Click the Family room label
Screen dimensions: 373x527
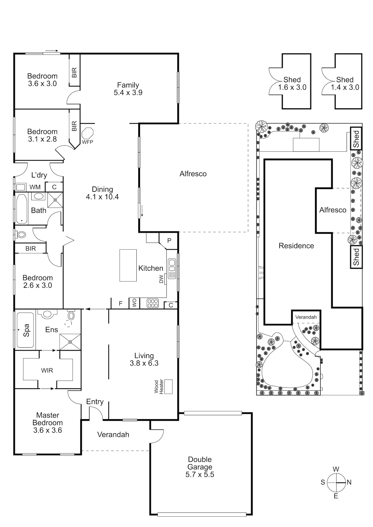(128, 85)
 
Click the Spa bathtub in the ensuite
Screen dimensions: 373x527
(25, 330)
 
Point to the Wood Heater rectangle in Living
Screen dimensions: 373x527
(168, 387)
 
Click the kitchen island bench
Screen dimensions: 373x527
(128, 265)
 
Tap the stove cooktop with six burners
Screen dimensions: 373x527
(153, 303)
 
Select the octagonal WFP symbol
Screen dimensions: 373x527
(88, 133)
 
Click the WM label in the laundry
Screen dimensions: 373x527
(35, 187)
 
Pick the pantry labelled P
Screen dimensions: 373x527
(169, 241)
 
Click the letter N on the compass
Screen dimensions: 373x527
(349, 482)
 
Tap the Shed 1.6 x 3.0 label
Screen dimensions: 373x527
(292, 84)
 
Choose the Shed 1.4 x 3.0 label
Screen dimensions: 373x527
(345, 84)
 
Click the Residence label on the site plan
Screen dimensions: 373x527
(296, 246)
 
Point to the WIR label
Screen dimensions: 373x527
(47, 370)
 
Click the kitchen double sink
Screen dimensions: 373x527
(172, 265)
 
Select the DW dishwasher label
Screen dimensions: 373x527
(161, 279)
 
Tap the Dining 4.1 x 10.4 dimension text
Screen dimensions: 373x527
(102, 197)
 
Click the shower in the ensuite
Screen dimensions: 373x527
(70, 342)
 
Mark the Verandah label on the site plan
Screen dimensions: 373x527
(306, 317)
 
